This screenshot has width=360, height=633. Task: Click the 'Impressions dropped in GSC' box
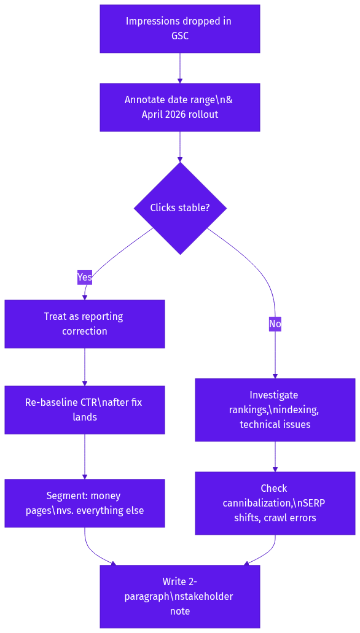[x=179, y=29]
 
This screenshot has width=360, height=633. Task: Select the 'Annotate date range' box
[x=179, y=107]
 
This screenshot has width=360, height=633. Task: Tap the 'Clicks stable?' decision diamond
[x=180, y=208]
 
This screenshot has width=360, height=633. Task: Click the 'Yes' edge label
[x=85, y=277]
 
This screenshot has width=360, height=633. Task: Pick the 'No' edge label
[x=275, y=324]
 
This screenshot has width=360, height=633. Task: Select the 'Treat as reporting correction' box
[x=85, y=324]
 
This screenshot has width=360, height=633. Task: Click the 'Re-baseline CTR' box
[x=85, y=410]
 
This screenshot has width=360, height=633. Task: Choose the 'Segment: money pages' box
[x=85, y=503]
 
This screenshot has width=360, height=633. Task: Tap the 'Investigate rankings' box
[x=275, y=410]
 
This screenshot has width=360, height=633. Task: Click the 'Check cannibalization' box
[x=275, y=503]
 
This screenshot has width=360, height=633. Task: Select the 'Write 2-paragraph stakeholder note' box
[x=179, y=596]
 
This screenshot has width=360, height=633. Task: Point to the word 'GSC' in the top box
[x=179, y=36]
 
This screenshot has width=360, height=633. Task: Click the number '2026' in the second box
[x=177, y=114]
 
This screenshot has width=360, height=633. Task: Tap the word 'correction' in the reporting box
[x=85, y=331]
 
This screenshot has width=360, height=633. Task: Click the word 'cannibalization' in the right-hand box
[x=257, y=503]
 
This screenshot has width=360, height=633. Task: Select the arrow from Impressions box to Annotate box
[x=180, y=68]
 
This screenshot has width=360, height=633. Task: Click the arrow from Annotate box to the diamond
[x=180, y=147]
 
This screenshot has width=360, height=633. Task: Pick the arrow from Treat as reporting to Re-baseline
[x=85, y=367]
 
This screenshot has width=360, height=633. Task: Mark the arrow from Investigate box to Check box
[x=275, y=456]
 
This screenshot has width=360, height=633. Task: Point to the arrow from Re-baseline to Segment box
[x=85, y=456]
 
